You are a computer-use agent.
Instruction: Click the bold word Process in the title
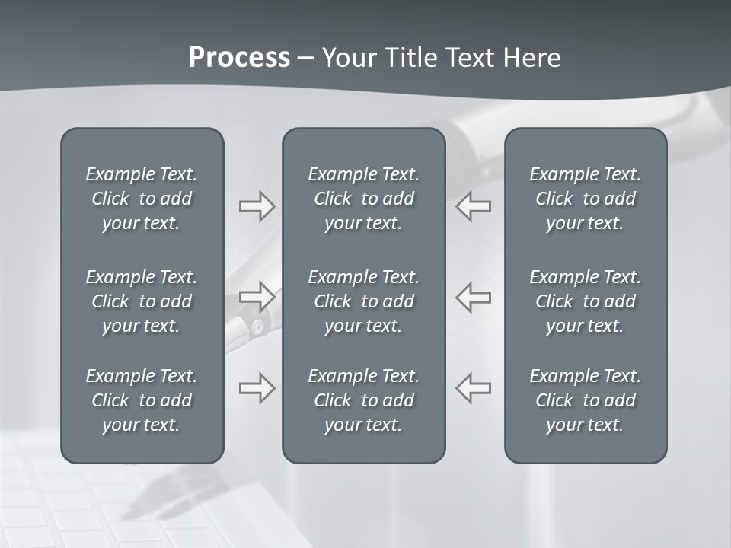click(239, 58)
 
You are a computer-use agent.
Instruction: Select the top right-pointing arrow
click(257, 206)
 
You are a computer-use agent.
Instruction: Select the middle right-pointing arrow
click(257, 296)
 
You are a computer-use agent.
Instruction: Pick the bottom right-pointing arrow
click(257, 387)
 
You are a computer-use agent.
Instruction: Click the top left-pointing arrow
click(474, 206)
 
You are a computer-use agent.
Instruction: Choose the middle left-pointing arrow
click(474, 296)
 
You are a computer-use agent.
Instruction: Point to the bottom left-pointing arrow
click(474, 387)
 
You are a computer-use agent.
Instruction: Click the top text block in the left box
click(142, 199)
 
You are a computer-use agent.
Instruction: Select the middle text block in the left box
click(142, 301)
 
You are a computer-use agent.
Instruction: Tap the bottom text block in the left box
click(142, 400)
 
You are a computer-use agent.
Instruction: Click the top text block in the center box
click(364, 199)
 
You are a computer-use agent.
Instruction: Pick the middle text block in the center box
click(364, 301)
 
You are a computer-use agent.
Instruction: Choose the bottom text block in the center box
click(364, 400)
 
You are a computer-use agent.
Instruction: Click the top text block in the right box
click(586, 199)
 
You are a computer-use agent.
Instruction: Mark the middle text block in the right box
click(586, 301)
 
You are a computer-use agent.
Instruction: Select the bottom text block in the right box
click(586, 400)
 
